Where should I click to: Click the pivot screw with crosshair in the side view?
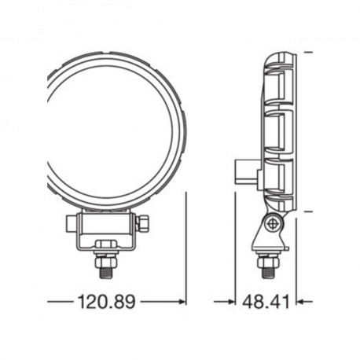pyautogui.click(x=273, y=225)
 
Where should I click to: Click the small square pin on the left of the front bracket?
pyautogui.click(x=71, y=226)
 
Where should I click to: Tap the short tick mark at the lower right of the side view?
pyautogui.click(x=308, y=211)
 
